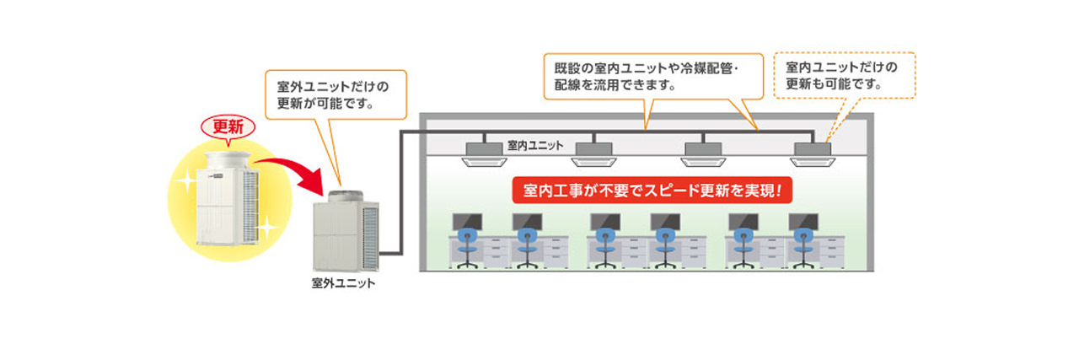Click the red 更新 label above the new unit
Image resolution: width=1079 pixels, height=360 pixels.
228,128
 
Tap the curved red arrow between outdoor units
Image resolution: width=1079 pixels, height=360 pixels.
295,169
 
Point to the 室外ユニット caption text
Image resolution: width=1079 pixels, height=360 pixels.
343,283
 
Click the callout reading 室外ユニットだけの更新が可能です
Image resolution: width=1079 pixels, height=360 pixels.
336,94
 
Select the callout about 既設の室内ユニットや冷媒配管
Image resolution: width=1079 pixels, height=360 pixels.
641,76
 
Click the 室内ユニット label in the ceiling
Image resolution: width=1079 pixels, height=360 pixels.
535,145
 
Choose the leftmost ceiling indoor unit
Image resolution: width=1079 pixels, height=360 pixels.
487,152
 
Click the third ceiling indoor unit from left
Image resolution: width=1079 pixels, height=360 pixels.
706,152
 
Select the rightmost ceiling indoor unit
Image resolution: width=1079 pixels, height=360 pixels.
813,152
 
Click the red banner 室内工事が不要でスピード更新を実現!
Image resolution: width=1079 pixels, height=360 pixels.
652,191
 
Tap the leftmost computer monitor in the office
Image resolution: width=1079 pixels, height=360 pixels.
465,222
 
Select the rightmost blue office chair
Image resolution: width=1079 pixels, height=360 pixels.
802,244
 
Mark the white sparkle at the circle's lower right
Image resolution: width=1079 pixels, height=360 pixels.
266,228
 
